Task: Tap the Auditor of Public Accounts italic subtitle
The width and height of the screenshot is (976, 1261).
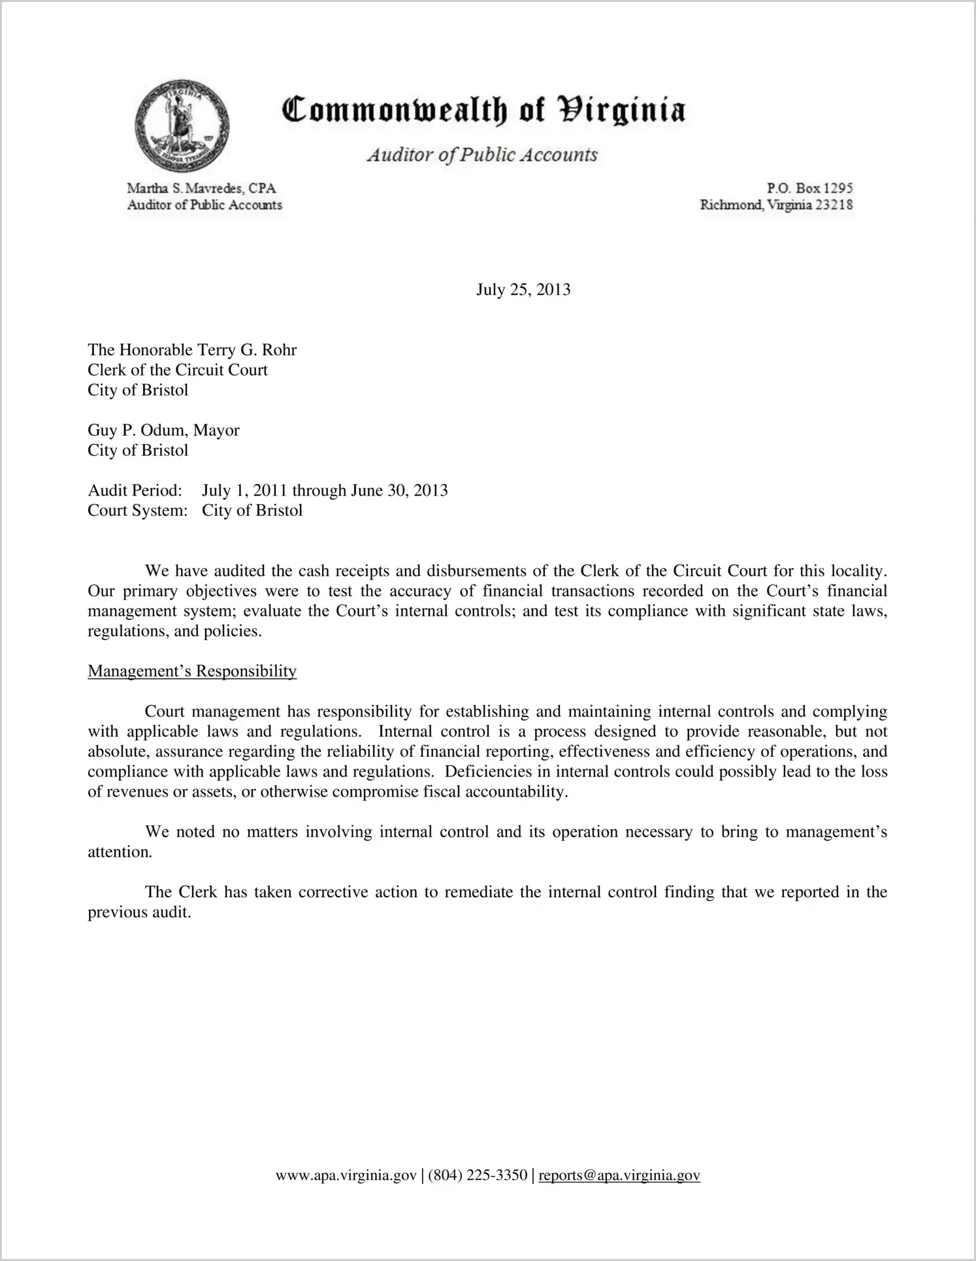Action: pos(482,155)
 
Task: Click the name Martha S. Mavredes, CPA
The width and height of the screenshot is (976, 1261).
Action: pos(201,188)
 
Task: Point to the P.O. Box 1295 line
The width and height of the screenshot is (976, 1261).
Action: pos(810,188)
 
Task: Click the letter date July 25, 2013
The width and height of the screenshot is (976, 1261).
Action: pos(523,289)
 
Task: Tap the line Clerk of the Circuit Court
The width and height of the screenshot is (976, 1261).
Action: pos(178,370)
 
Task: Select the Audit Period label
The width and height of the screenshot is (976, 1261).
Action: pos(135,490)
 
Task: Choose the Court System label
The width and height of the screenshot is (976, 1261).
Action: pos(137,511)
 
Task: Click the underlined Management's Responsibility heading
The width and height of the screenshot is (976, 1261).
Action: pos(192,671)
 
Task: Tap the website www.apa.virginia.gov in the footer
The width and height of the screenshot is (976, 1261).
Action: pos(346,1176)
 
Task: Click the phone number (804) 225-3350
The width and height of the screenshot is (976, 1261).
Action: pos(478,1176)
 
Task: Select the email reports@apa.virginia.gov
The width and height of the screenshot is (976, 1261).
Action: pos(619,1176)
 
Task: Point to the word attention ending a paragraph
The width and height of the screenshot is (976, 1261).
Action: pos(120,852)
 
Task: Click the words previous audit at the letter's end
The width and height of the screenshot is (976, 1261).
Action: pos(139,912)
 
